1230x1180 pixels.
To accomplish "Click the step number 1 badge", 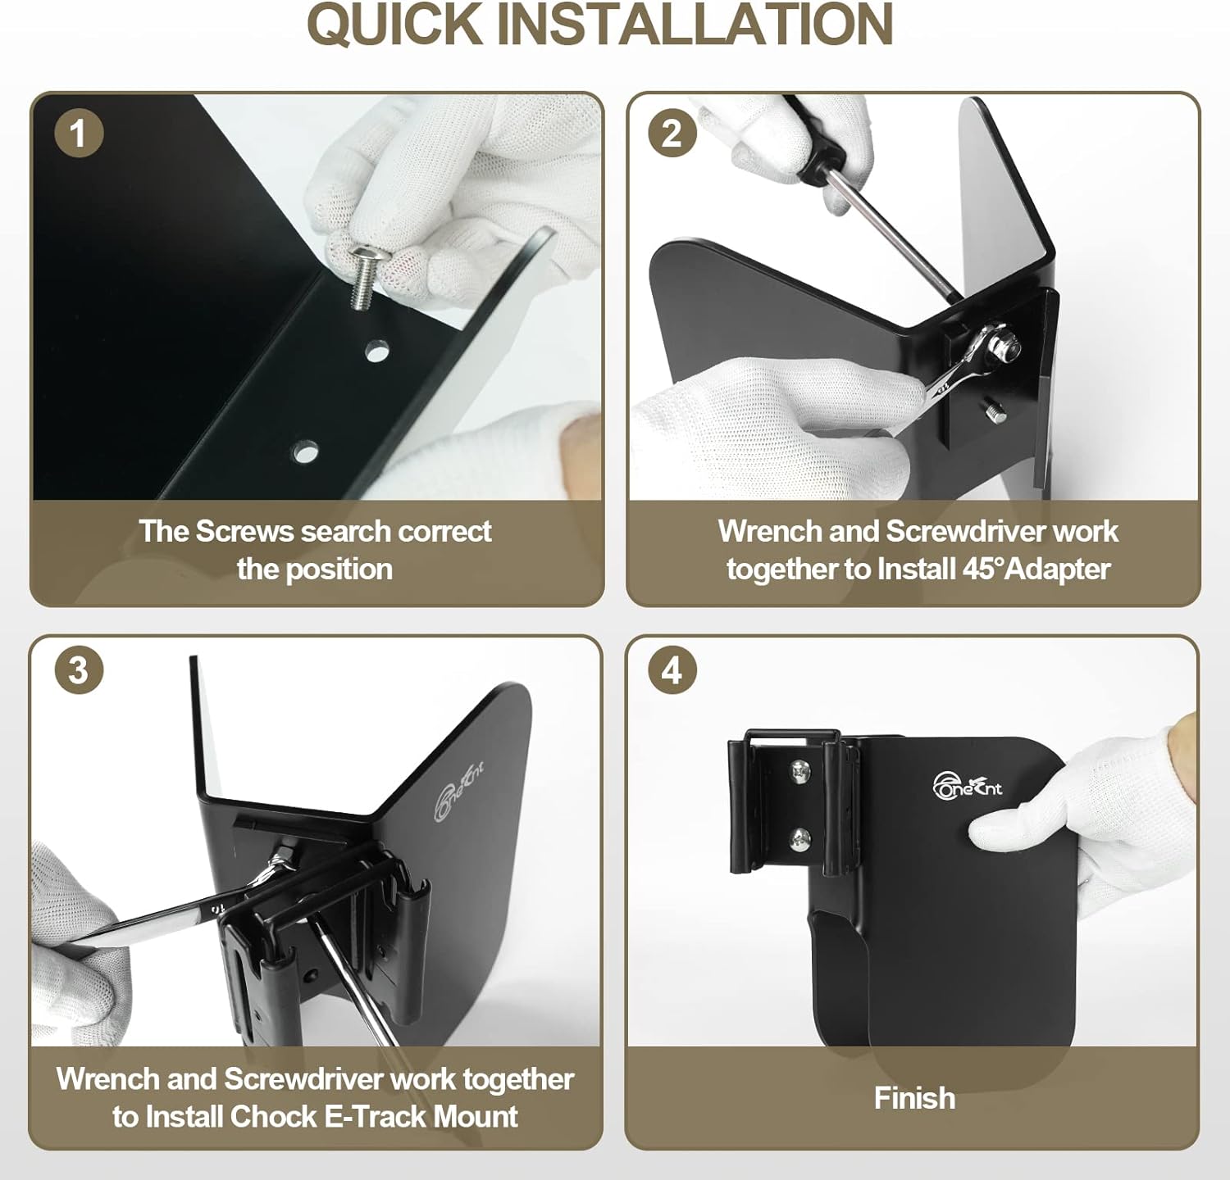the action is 79,132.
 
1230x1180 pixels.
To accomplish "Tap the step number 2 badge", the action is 672,132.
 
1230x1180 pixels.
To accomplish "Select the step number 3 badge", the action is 79,669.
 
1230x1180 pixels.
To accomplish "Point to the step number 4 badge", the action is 672,669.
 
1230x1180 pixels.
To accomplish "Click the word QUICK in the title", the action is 394,25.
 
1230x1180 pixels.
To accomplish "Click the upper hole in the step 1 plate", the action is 377,352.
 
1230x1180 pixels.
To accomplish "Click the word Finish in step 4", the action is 914,1098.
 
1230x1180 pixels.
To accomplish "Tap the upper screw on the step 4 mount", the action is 799,770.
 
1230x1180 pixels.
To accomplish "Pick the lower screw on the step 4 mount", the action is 799,837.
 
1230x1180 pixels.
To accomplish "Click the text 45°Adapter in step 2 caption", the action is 1036,569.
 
